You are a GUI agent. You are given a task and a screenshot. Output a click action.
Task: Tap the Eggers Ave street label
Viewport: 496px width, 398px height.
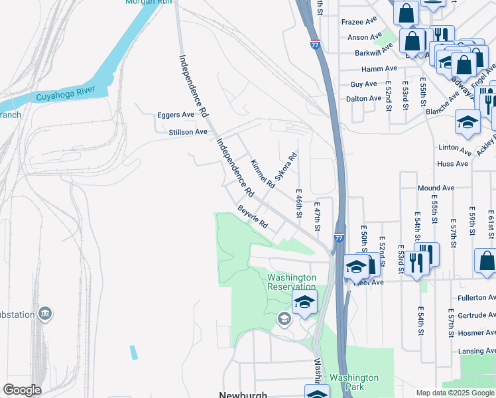pyautogui.click(x=175, y=115)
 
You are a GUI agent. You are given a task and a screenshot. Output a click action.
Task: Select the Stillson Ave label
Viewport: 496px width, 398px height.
pyautogui.click(x=188, y=132)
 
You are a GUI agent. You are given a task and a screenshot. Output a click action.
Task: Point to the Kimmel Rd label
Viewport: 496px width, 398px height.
pyautogui.click(x=262, y=173)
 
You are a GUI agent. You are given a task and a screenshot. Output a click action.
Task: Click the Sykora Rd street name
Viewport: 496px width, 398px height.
pyautogui.click(x=286, y=168)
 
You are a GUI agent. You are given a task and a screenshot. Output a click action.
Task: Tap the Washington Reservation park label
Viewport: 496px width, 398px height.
pyautogui.click(x=291, y=282)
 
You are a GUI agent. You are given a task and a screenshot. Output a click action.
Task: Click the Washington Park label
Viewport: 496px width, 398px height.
pyautogui.click(x=354, y=383)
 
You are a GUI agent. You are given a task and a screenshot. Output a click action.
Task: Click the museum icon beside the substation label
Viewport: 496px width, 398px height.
pyautogui.click(x=45, y=313)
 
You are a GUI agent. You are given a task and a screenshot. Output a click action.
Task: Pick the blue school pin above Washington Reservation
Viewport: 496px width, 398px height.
pyautogui.click(x=304, y=302)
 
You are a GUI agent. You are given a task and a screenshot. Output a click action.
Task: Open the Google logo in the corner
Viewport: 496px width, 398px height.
pyautogui.click(x=22, y=390)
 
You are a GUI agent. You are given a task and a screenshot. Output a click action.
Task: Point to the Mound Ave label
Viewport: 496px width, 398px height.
pyautogui.click(x=436, y=188)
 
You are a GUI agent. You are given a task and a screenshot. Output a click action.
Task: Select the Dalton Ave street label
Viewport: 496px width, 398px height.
pyautogui.click(x=364, y=99)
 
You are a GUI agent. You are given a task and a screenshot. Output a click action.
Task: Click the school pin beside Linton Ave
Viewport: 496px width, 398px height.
pyautogui.click(x=467, y=123)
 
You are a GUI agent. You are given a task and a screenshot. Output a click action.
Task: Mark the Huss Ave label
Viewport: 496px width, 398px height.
pyautogui.click(x=448, y=163)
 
